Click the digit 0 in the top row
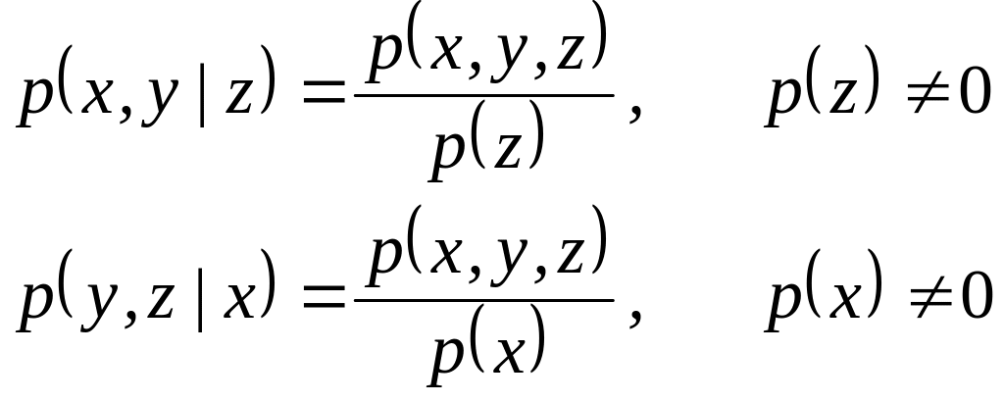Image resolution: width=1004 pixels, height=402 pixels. click(x=973, y=98)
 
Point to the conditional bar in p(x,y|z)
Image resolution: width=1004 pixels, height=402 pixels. click(x=203, y=102)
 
